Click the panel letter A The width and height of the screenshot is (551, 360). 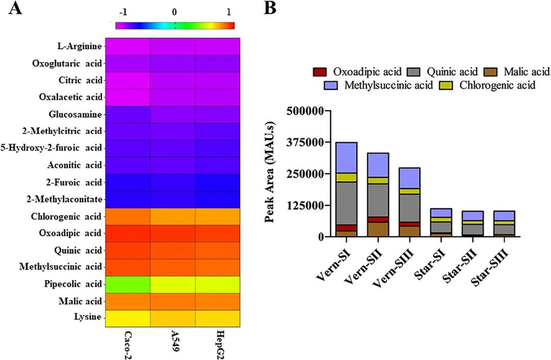15,9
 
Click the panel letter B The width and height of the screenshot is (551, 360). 269,9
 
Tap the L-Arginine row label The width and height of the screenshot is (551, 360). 80,46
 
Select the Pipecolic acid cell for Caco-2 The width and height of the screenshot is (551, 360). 128,284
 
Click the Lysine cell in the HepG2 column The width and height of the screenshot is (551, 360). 218,318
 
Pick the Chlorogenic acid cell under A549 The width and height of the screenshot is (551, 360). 172,216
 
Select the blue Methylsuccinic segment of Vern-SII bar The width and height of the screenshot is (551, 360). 378,165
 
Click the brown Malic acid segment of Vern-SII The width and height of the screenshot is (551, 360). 378,229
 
